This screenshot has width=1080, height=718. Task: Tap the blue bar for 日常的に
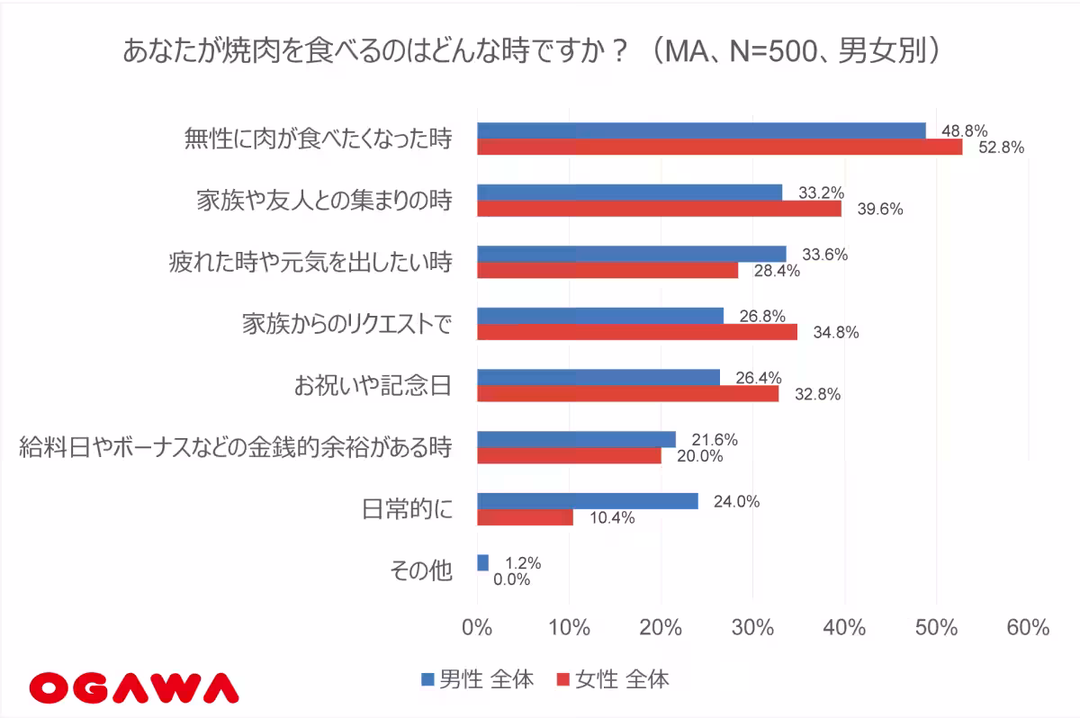587,501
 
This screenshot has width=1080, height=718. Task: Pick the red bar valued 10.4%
524,517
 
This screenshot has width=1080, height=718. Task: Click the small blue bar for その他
482,562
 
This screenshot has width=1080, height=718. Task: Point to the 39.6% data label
879,209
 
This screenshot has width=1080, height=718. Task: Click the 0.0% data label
511,580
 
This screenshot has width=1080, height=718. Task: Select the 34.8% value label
835,332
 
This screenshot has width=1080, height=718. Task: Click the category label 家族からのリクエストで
346,324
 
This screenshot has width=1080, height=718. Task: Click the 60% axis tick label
1027,627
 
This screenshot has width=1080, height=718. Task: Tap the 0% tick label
476,627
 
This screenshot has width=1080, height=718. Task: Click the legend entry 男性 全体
477,679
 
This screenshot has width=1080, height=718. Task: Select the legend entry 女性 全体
613,679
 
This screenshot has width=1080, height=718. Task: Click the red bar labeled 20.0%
568,456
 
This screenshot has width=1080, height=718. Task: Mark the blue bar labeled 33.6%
630,254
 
